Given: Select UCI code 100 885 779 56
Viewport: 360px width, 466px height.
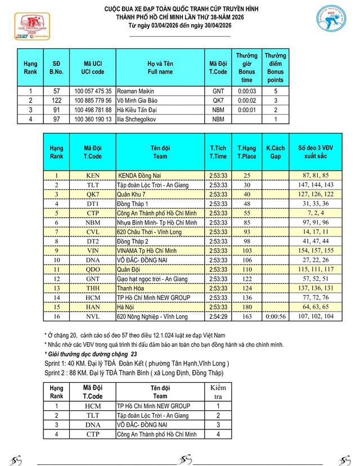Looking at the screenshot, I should (x=93, y=100).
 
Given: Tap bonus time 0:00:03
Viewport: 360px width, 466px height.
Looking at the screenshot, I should (x=247, y=91).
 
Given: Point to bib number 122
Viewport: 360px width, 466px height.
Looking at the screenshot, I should (x=56, y=100).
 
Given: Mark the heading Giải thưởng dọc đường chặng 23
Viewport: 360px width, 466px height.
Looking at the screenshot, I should (x=91, y=354).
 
